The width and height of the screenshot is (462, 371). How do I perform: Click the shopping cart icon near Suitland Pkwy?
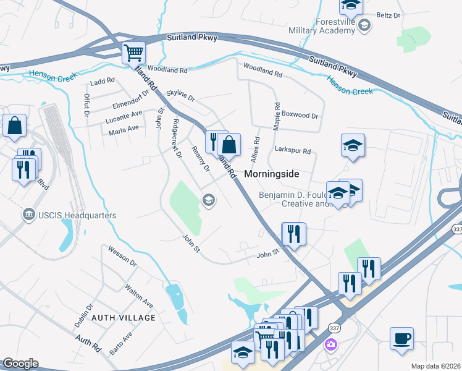(x=133, y=53)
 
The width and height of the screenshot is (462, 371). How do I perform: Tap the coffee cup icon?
(x=401, y=338)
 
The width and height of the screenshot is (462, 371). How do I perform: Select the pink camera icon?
(x=332, y=344)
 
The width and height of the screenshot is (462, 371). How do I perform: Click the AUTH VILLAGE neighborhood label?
(x=124, y=317)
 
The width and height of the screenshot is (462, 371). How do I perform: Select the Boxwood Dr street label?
(x=300, y=116)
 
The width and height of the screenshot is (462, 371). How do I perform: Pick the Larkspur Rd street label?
(x=292, y=150)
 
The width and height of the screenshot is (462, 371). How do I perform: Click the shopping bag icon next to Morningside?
(x=229, y=146)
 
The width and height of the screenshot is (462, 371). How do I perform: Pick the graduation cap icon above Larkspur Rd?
(x=353, y=145)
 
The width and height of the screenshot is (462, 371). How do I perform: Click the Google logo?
(x=20, y=364)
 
